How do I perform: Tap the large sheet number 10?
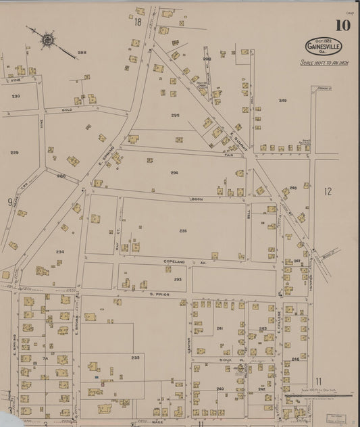(342, 26)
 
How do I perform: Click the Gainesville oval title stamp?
(324, 47)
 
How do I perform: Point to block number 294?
(174, 173)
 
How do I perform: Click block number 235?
(183, 231)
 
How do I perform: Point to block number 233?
(135, 357)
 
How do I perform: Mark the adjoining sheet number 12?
(328, 192)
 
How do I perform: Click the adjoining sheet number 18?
(138, 22)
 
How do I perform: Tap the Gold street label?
(67, 109)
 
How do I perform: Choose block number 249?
(282, 101)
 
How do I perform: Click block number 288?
(82, 52)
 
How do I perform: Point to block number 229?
(14, 153)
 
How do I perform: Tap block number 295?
(175, 116)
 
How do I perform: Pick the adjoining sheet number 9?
(9, 201)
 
